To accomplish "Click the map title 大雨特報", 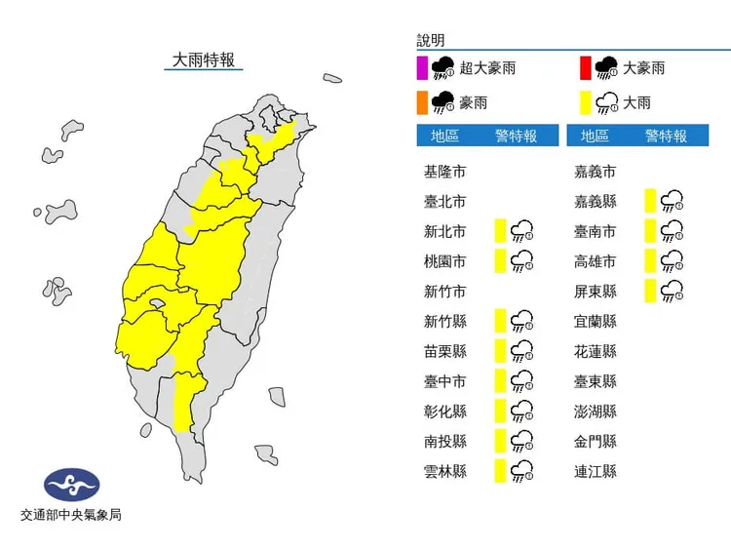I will point(203,60).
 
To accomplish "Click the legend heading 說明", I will point(430,41).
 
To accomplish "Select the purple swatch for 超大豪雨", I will point(422,68).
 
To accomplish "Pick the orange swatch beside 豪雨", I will point(422,101).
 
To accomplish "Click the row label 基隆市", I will point(444,172).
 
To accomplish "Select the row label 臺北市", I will point(444,202).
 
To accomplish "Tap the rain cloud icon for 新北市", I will point(523,231).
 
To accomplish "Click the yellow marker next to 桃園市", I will point(500,260).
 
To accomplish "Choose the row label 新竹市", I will point(444,291).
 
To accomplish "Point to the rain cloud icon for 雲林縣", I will point(523,471).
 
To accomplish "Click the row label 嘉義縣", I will point(596,202).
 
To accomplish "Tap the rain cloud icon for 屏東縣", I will point(672,291).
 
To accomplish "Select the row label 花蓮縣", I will point(596,351).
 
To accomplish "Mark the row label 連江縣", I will point(596,471).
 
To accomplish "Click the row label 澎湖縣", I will point(596,412).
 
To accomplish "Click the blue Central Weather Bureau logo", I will point(71,485).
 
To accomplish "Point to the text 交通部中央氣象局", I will point(71,515).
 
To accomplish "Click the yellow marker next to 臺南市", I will point(650,231).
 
